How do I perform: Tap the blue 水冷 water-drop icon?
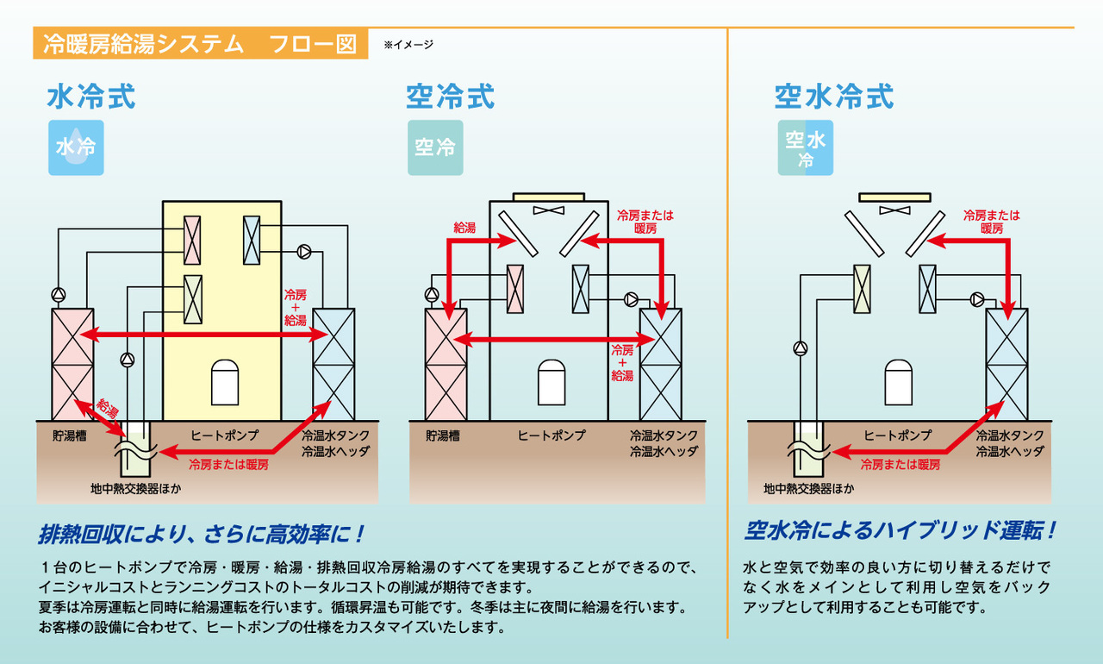(x=76, y=147)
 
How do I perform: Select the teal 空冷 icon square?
(x=435, y=147)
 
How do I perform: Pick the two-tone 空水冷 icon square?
(x=805, y=147)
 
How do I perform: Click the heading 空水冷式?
(x=833, y=96)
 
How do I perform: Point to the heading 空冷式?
(x=451, y=96)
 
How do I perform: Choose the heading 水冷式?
(x=91, y=96)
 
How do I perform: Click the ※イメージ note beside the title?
(x=408, y=44)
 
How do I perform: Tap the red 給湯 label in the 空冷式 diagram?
(x=465, y=228)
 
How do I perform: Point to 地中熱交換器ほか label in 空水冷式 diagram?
(x=808, y=489)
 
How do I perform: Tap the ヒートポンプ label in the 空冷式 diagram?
(x=551, y=435)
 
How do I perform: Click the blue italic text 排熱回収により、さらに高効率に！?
(x=203, y=534)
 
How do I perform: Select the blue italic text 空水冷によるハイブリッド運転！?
(x=900, y=529)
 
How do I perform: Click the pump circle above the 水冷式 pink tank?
(x=58, y=294)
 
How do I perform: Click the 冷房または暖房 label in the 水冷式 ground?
(x=228, y=464)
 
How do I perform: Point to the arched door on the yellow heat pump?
(x=226, y=380)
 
